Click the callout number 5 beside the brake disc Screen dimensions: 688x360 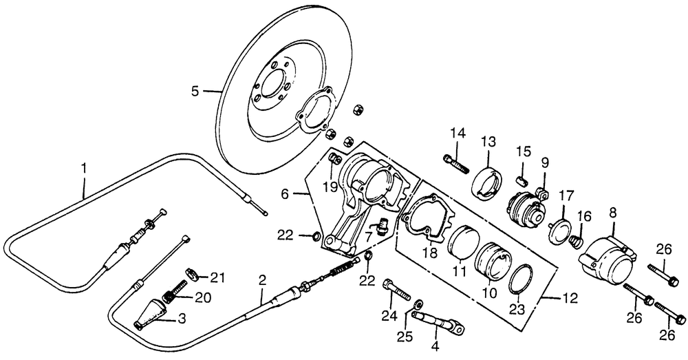point(195,92)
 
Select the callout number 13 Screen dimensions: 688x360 point(488,142)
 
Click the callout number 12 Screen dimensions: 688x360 point(570,299)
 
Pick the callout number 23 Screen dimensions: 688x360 point(517,310)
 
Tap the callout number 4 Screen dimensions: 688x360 point(435,346)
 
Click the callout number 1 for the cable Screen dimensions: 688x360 point(84,168)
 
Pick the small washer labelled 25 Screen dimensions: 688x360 point(418,303)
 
